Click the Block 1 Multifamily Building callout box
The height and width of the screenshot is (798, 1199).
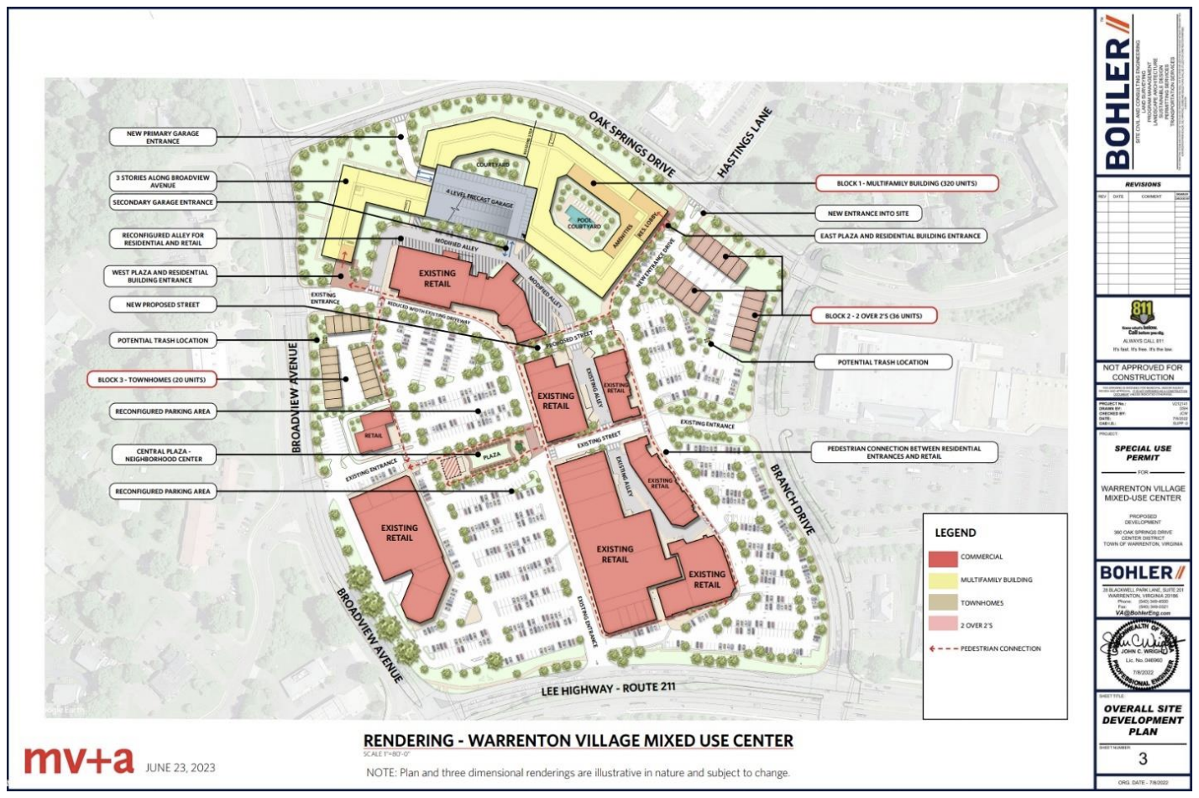[906, 183]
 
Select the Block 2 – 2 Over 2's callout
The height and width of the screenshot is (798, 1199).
[873, 316]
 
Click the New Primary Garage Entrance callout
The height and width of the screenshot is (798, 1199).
[163, 137]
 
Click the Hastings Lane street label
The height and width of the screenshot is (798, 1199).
[744, 142]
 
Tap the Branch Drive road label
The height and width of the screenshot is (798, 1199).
[792, 499]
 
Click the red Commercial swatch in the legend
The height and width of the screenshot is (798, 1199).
[943, 558]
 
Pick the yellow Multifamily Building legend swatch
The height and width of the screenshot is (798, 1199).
[943, 580]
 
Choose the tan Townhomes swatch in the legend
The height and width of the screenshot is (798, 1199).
[943, 603]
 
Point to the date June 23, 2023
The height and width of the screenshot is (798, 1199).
[180, 767]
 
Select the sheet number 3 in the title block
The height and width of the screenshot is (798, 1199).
[1143, 759]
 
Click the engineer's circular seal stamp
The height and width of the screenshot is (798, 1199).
[1142, 655]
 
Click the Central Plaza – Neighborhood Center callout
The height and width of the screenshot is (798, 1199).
[164, 455]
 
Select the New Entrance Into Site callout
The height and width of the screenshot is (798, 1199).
[867, 213]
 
